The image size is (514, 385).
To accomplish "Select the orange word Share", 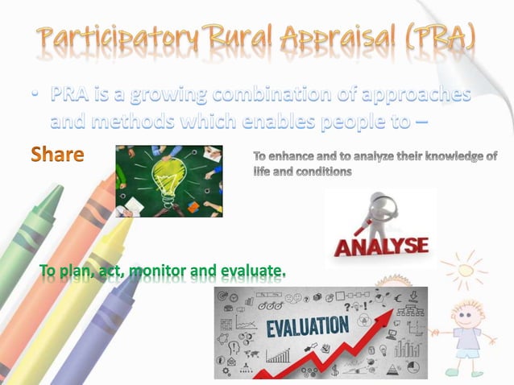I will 57,154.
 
